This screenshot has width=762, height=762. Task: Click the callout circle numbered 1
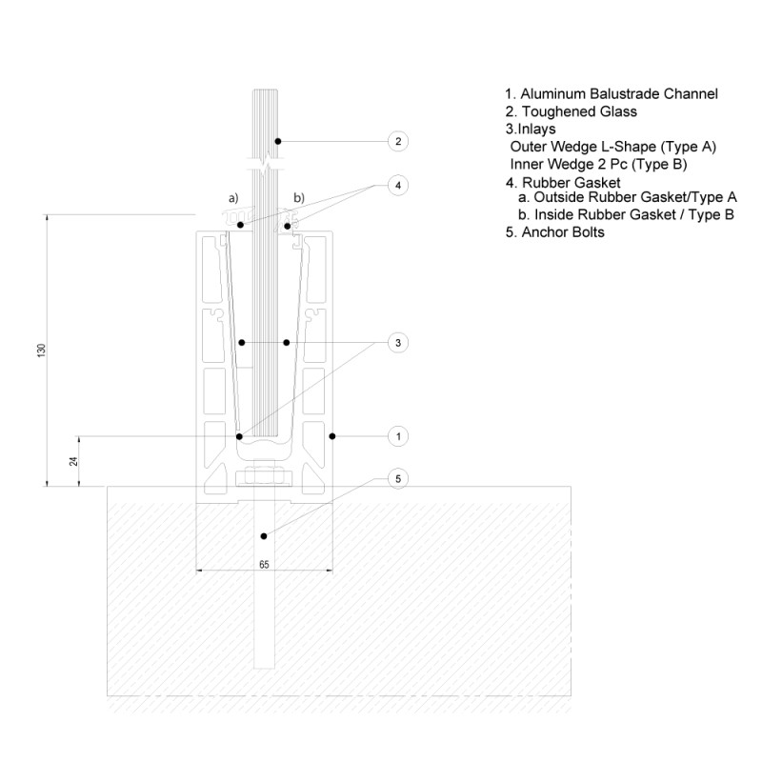(398, 436)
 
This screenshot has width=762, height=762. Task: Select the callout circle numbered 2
(398, 142)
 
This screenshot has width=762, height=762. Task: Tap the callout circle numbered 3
(398, 342)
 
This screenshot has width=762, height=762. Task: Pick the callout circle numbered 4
(398, 184)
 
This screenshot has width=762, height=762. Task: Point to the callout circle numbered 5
(398, 477)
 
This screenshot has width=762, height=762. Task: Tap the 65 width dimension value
(264, 565)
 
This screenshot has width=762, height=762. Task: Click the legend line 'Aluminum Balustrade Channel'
(611, 94)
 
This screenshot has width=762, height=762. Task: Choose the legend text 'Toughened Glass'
(571, 111)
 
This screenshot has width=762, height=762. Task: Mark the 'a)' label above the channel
(231, 198)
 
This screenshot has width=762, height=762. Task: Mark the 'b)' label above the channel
(298, 198)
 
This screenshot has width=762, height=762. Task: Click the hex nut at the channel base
(264, 476)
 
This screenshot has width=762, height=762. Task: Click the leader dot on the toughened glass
(278, 142)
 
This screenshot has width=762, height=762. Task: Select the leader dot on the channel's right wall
(332, 436)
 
